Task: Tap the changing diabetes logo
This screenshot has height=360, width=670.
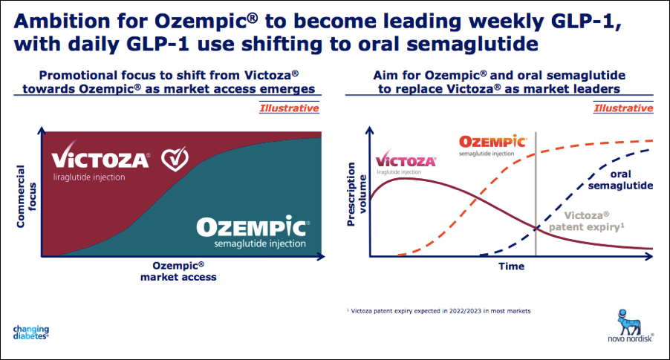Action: click(30, 333)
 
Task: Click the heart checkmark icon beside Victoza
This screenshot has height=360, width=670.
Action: click(175, 158)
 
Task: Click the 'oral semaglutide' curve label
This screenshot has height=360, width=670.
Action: click(620, 180)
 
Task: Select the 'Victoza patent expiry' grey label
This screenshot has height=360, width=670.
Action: click(586, 221)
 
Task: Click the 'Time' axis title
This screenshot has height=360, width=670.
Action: click(511, 266)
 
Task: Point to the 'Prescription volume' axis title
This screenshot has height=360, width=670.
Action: click(357, 194)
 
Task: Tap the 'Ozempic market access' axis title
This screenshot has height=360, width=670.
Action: click(178, 271)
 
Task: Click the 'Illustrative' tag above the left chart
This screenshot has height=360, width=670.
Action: click(289, 108)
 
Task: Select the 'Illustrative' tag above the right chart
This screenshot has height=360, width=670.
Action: click(623, 108)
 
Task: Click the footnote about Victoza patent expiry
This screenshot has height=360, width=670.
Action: click(438, 311)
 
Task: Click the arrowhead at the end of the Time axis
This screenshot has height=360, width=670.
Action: click(648, 256)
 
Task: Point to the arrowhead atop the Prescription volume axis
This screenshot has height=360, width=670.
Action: click(370, 130)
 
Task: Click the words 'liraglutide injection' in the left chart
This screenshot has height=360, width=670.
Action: click(89, 177)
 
